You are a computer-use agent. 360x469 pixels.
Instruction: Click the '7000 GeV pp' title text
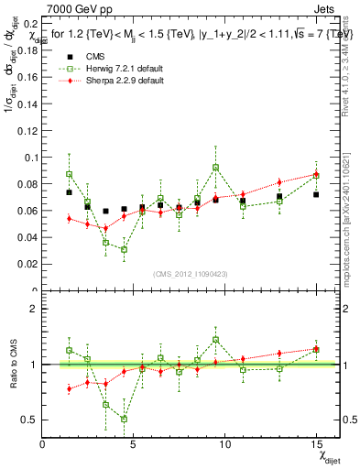click(74, 8)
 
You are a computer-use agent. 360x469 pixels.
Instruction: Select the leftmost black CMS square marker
click(69, 192)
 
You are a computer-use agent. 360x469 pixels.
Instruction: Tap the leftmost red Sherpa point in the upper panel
click(69, 218)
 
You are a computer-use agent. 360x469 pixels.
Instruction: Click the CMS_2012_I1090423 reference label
click(188, 276)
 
